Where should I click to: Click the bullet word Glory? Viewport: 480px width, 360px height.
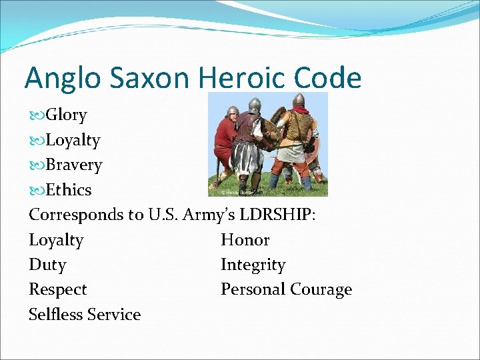pos(66,115)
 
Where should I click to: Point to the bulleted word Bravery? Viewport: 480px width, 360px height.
pos(73,165)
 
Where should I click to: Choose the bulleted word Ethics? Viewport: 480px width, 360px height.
pos(69,190)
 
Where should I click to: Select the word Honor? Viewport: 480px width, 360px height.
pos(245,240)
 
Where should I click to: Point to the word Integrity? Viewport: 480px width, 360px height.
pos(253,265)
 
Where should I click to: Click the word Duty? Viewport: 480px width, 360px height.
pos(47,265)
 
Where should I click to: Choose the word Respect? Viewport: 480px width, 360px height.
pos(57,290)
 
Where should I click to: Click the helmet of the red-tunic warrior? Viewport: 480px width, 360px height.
pos(233,111)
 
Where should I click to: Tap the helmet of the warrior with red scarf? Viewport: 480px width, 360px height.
pos(299,100)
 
